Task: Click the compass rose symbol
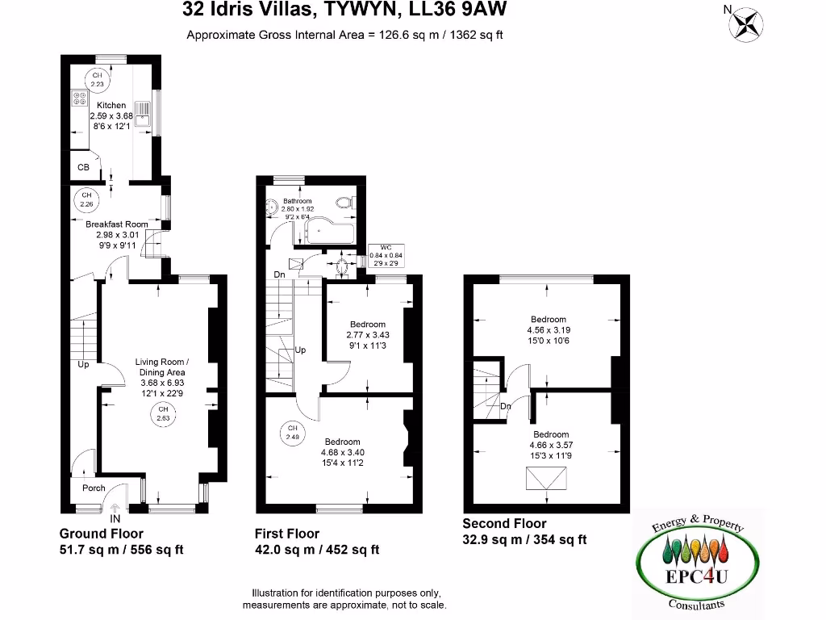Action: (x=746, y=22)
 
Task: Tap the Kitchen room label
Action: (x=111, y=105)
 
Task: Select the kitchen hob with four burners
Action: (x=81, y=98)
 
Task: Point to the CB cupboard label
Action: (x=83, y=168)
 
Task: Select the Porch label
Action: (x=94, y=488)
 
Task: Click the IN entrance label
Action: (x=115, y=517)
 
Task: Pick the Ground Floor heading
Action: (x=102, y=534)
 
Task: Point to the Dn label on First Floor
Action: (x=279, y=275)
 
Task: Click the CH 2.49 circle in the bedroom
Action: (x=292, y=432)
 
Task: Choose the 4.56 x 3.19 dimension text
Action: (x=549, y=329)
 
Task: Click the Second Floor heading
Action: (x=504, y=524)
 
